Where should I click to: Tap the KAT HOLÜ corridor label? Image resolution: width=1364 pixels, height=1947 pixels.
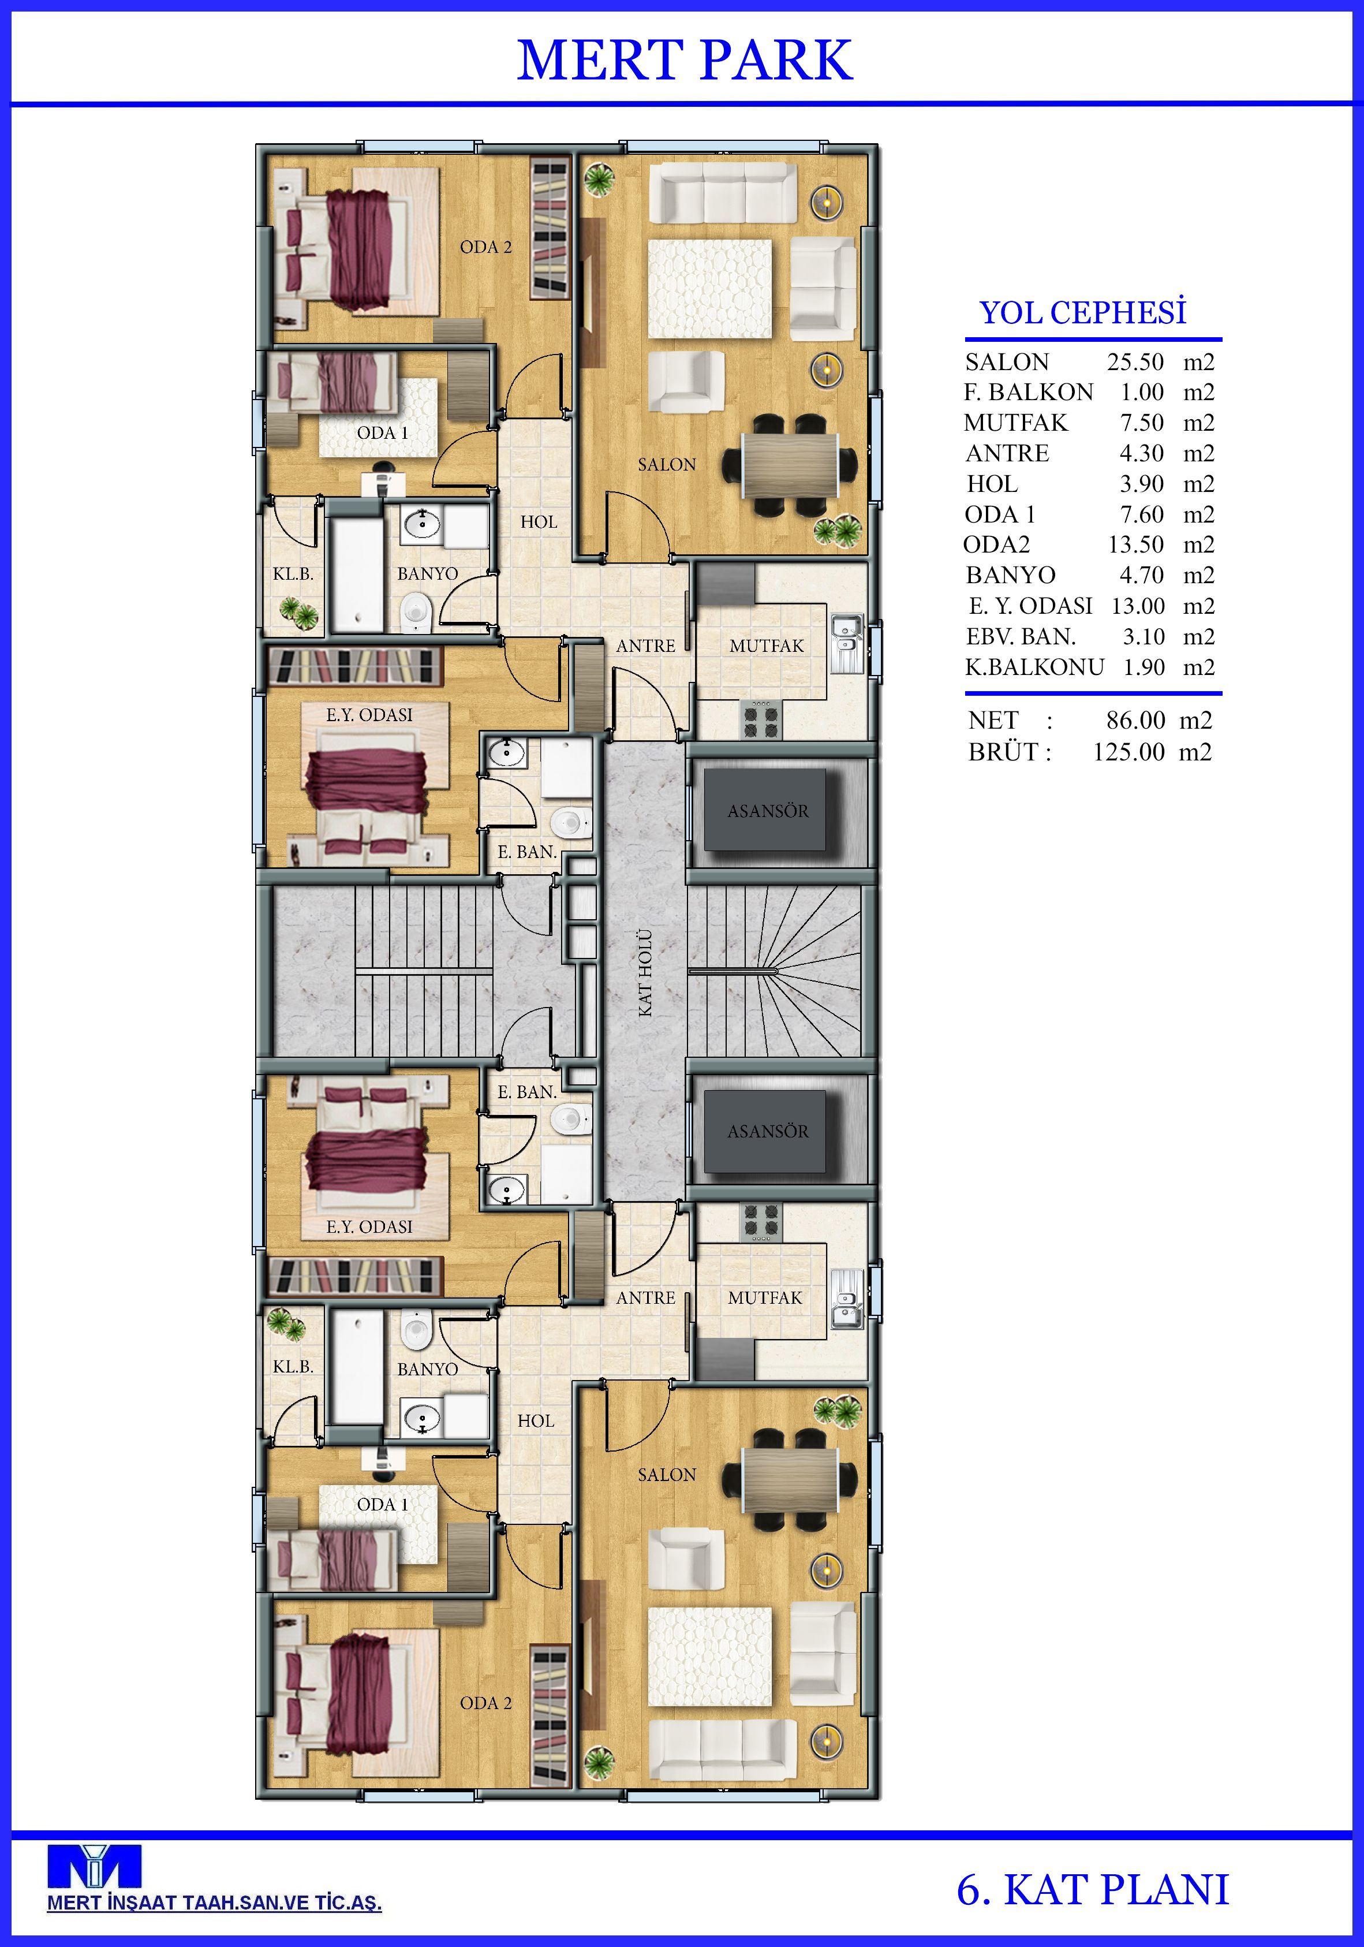(645, 973)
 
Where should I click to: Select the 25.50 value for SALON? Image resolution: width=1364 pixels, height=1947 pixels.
(1135, 362)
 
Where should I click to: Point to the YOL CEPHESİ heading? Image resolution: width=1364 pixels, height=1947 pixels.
(1082, 313)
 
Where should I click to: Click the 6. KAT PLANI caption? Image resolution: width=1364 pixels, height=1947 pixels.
(1093, 1889)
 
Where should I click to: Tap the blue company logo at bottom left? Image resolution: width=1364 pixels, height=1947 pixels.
(94, 1866)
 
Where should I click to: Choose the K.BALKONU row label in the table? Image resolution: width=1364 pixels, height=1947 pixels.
(1034, 667)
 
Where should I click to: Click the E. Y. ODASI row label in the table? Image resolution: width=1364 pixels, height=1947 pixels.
(1031, 606)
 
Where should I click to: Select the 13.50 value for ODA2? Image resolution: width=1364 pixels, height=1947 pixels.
(1136, 545)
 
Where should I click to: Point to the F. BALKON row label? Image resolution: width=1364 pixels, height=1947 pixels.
(1028, 393)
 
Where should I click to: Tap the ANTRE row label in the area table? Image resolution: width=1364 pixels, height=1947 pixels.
(1007, 454)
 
